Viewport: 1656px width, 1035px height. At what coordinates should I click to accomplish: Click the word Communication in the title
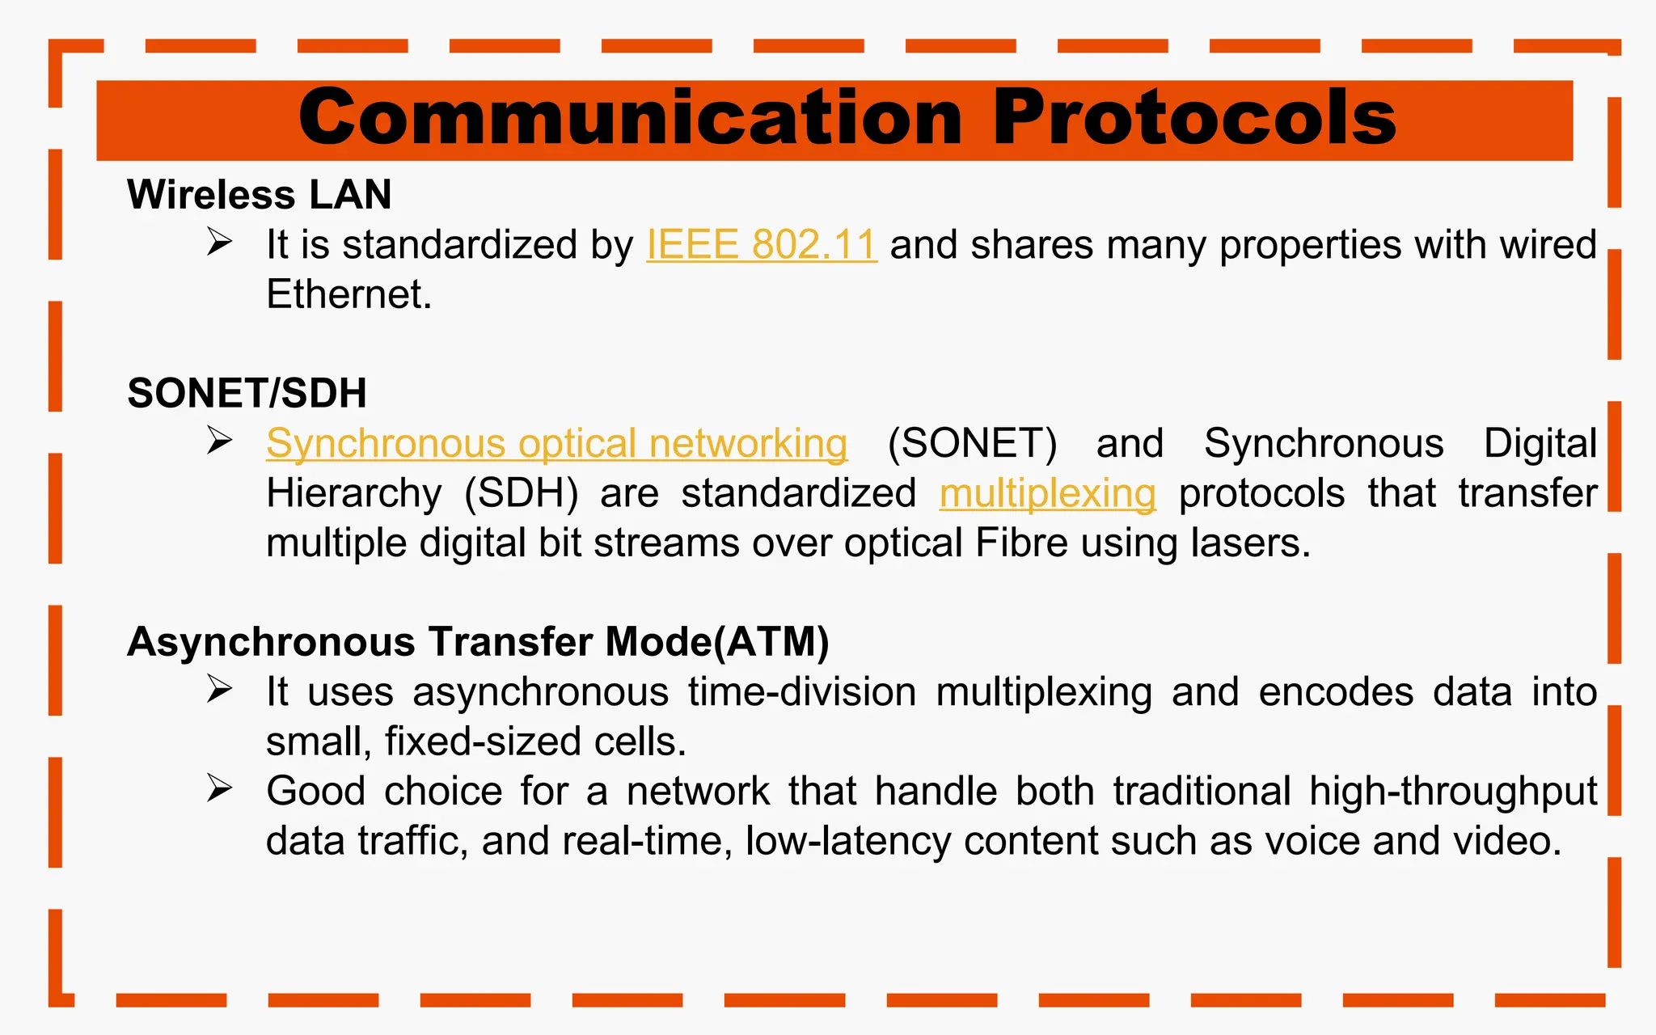tap(631, 119)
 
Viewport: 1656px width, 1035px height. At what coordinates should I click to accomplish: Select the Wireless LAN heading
tap(259, 195)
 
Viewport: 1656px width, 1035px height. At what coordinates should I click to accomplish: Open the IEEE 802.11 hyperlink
tap(761, 245)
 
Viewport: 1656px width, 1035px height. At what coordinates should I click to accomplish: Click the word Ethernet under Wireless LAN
tap(347, 294)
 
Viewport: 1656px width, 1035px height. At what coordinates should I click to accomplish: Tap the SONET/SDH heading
tap(247, 394)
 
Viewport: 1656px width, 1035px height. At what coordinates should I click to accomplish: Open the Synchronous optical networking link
tap(556, 444)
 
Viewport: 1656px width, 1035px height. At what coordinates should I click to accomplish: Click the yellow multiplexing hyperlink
tap(1047, 494)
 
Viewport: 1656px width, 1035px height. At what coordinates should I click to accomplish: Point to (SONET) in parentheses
tap(971, 444)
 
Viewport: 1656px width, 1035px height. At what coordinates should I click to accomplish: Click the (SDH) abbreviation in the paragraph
tap(521, 494)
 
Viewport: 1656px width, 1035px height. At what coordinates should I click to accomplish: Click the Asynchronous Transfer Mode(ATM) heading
tap(478, 642)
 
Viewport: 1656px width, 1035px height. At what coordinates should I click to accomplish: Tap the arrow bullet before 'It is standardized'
tap(219, 242)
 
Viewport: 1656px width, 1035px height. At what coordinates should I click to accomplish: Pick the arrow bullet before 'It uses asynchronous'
tap(219, 689)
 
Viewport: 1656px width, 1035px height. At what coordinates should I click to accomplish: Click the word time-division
tap(802, 693)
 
